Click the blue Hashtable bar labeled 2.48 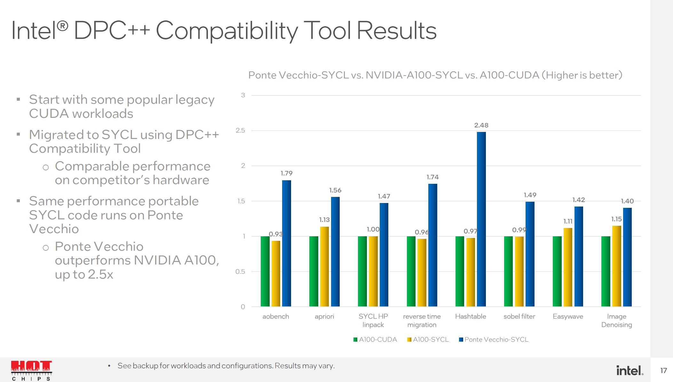(x=481, y=219)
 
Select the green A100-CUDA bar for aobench (x=265, y=271)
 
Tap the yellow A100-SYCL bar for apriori (x=324, y=266)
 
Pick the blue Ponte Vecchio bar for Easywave (x=579, y=256)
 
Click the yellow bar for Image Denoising (x=616, y=266)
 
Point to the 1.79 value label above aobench (x=287, y=173)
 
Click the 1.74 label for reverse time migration (x=432, y=177)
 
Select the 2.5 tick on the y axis (x=240, y=130)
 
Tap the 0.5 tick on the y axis (x=240, y=272)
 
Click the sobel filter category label (x=519, y=316)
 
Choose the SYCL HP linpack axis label (x=373, y=320)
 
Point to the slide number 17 (x=663, y=370)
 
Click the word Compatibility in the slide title (x=227, y=31)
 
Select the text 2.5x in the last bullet (x=100, y=274)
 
